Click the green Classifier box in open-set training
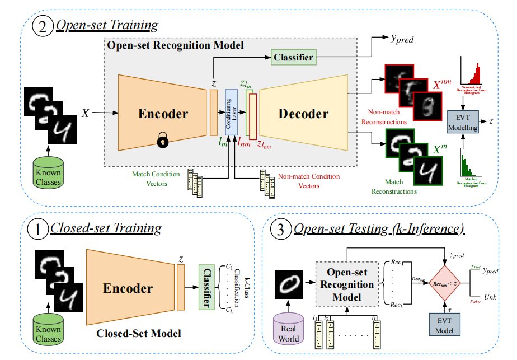293,57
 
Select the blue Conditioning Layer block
232,113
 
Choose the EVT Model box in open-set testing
445,324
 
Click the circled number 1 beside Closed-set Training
37,229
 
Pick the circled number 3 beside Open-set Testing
279,230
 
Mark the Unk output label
490,297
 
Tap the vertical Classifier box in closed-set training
208,287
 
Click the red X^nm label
443,86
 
